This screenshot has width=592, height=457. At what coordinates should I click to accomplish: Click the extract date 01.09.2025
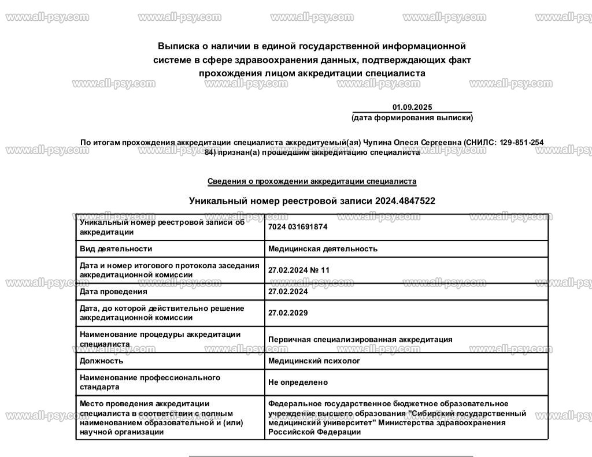(412, 107)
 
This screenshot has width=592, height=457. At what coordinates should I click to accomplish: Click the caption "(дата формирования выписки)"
(412, 118)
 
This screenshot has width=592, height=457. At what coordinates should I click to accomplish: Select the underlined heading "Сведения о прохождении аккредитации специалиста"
(312, 181)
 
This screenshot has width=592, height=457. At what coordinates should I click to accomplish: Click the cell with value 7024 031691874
(298, 227)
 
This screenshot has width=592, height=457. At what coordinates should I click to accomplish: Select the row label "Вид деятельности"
(116, 249)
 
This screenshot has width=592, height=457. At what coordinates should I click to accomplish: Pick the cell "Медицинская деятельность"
(323, 249)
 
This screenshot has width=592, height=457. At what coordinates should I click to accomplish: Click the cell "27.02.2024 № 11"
(299, 270)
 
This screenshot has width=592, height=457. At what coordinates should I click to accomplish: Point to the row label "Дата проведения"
(113, 292)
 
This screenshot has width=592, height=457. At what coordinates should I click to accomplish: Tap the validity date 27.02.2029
(288, 313)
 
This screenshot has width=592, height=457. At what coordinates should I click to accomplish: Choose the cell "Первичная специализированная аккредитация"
(360, 340)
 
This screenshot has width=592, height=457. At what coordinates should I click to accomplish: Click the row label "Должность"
(101, 361)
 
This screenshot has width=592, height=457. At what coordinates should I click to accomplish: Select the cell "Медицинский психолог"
(314, 361)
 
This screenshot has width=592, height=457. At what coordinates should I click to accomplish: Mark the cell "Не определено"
(298, 382)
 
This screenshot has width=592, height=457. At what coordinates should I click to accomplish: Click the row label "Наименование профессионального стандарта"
(150, 382)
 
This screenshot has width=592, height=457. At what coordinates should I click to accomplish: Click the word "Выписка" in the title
(177, 46)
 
